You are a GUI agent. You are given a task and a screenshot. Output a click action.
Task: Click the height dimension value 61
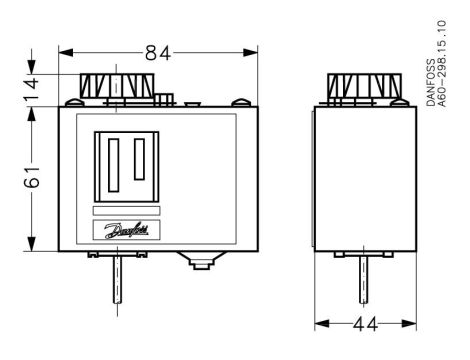[x=31, y=180]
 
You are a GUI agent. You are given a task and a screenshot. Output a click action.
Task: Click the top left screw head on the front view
[x=76, y=101]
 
